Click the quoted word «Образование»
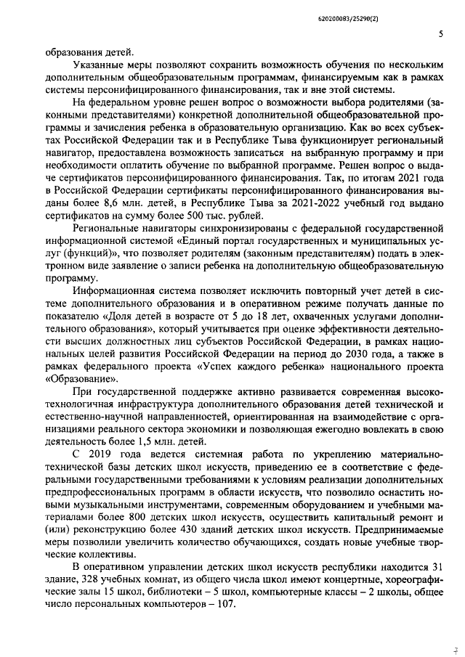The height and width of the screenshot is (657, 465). pos(81,378)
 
